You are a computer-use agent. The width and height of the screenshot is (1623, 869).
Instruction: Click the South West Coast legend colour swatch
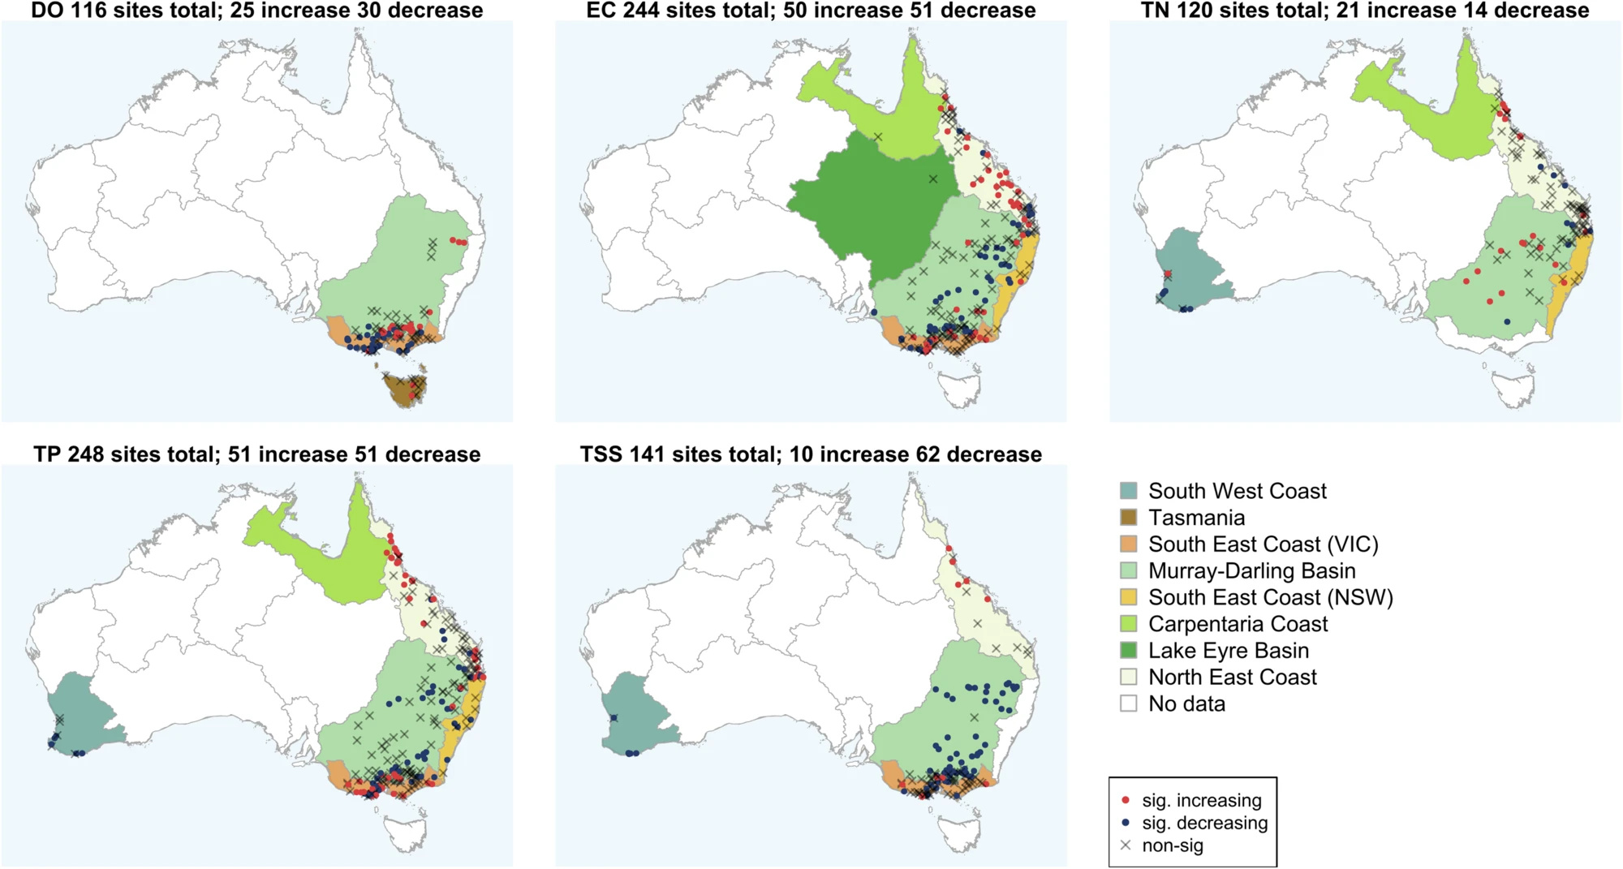1129,491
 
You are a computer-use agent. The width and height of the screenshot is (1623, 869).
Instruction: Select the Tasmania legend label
1196,518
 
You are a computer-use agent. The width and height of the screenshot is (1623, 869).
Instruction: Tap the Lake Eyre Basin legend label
1228,651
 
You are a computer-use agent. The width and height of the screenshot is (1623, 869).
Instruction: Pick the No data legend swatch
1129,703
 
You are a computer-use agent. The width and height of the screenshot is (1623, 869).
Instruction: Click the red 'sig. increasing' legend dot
1126,801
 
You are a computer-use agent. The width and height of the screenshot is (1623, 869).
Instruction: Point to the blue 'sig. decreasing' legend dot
1126,823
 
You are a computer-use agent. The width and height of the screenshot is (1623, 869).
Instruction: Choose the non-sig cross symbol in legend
1126,845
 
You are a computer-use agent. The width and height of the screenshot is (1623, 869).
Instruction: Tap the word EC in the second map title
601,11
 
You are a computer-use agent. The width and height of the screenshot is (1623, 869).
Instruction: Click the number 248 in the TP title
86,454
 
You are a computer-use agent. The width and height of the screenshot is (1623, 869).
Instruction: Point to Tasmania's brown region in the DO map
403,394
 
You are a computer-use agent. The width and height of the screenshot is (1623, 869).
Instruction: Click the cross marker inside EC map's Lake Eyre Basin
932,179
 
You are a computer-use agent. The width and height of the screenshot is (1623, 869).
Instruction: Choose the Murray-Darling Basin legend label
1251,571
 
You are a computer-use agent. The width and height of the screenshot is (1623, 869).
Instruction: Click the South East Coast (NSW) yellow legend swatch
1129,597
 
